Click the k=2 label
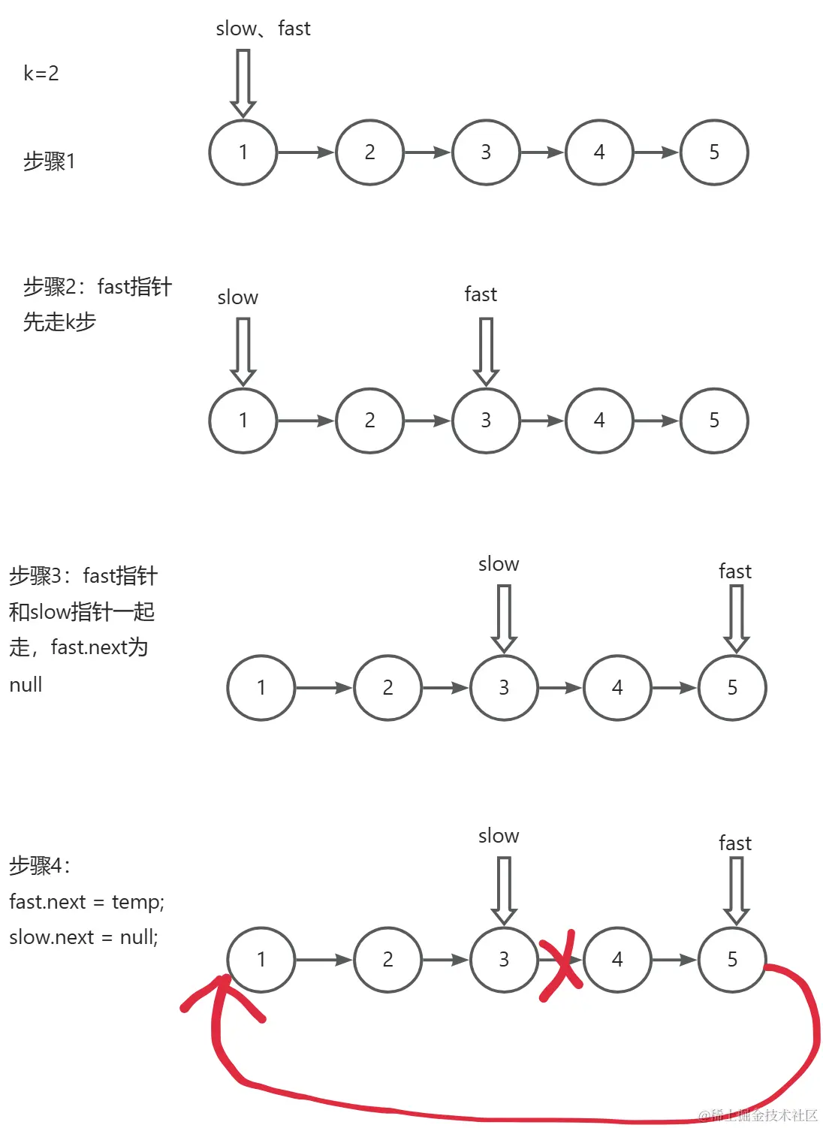click(x=41, y=74)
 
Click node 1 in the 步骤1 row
click(x=243, y=152)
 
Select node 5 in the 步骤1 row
click(x=714, y=152)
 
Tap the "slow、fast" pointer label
click(x=263, y=29)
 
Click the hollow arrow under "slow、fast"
click(x=243, y=83)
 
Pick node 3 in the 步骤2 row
click(x=486, y=421)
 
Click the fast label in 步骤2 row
click(x=481, y=294)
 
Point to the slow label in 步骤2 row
click(x=237, y=297)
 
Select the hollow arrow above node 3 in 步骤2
click(x=486, y=351)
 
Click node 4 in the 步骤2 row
click(x=599, y=421)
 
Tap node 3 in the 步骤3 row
click(x=504, y=688)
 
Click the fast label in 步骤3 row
click(x=734, y=572)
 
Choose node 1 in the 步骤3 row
click(x=261, y=688)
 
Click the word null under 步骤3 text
click(x=26, y=685)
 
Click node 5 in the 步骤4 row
click(x=732, y=960)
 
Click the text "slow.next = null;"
click(x=83, y=937)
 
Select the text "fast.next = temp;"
click(x=86, y=901)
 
